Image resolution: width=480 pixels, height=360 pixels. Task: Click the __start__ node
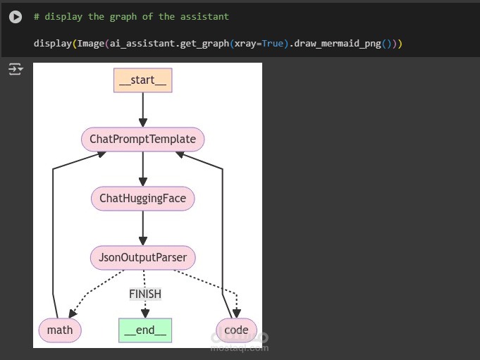click(x=142, y=80)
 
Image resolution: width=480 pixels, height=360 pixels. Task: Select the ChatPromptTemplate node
click(x=142, y=139)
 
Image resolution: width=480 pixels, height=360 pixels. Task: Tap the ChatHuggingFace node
click(x=142, y=199)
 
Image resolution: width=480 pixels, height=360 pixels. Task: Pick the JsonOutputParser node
click(x=142, y=258)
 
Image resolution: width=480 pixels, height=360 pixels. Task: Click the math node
click(x=60, y=330)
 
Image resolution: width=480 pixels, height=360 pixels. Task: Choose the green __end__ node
click(x=144, y=330)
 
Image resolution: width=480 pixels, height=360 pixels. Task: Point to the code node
click(x=236, y=330)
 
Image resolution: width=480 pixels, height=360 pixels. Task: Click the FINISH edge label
click(x=144, y=294)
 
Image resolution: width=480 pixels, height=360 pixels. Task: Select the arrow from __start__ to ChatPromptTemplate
click(x=142, y=109)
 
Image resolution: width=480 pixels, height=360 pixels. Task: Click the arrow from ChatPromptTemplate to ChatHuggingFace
click(x=142, y=169)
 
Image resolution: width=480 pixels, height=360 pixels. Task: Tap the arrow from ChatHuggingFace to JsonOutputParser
click(x=142, y=228)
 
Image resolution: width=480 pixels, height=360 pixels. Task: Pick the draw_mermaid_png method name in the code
click(x=348, y=44)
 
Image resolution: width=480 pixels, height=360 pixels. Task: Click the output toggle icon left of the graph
click(x=15, y=69)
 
